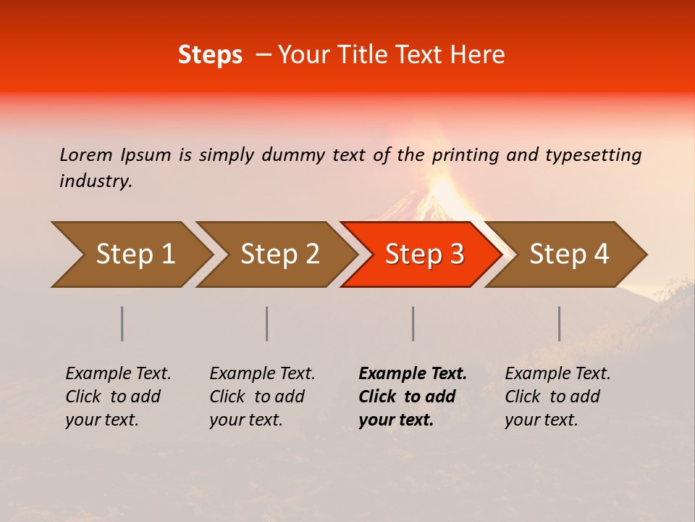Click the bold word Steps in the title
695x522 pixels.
coord(210,55)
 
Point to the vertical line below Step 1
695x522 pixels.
coord(122,323)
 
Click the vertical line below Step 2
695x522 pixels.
coord(267,323)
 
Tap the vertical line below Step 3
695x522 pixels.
coord(413,323)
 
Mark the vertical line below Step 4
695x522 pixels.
coord(560,323)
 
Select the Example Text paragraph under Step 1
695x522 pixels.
coord(118,397)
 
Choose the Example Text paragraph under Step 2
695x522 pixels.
coord(262,397)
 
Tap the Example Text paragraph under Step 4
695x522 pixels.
coord(557,397)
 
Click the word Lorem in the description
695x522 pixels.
coord(85,155)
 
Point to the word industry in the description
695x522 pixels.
coord(96,181)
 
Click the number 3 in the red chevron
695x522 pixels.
coord(456,254)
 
